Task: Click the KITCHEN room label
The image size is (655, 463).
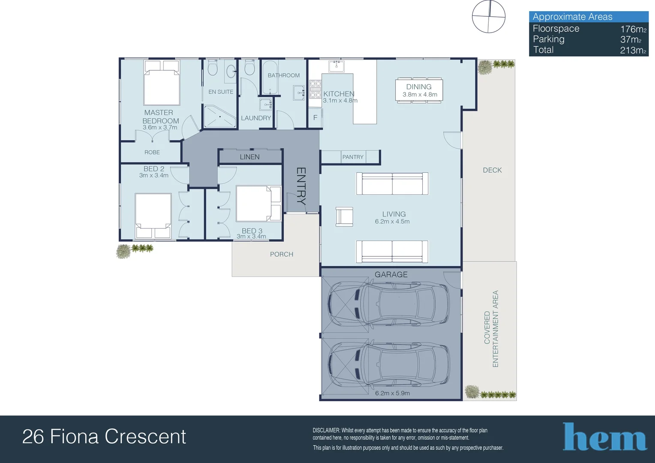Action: pyautogui.click(x=339, y=94)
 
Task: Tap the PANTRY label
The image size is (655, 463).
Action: pyautogui.click(x=353, y=157)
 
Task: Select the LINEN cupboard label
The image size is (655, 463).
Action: pyautogui.click(x=250, y=157)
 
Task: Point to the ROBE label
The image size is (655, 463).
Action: pyautogui.click(x=152, y=152)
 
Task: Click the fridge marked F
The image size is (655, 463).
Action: pyautogui.click(x=315, y=117)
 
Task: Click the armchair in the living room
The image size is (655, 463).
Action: pyautogui.click(x=344, y=217)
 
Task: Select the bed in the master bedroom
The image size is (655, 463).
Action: pyautogui.click(x=162, y=83)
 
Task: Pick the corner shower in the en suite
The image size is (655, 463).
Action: pyautogui.click(x=220, y=117)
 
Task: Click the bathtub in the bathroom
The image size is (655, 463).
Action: pyautogui.click(x=270, y=77)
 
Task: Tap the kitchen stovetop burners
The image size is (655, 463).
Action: pyautogui.click(x=315, y=89)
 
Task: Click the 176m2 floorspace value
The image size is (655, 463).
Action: pyautogui.click(x=634, y=29)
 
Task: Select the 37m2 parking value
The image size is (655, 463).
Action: pyautogui.click(x=631, y=40)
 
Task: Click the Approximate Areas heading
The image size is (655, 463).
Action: pyautogui.click(x=572, y=17)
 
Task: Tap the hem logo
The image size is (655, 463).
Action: pyautogui.click(x=604, y=437)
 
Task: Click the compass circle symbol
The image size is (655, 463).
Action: pyautogui.click(x=489, y=16)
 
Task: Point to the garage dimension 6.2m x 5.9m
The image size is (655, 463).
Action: pyautogui.click(x=392, y=394)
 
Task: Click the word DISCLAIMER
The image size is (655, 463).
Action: pyautogui.click(x=326, y=430)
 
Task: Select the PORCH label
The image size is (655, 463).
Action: pyautogui.click(x=282, y=255)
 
